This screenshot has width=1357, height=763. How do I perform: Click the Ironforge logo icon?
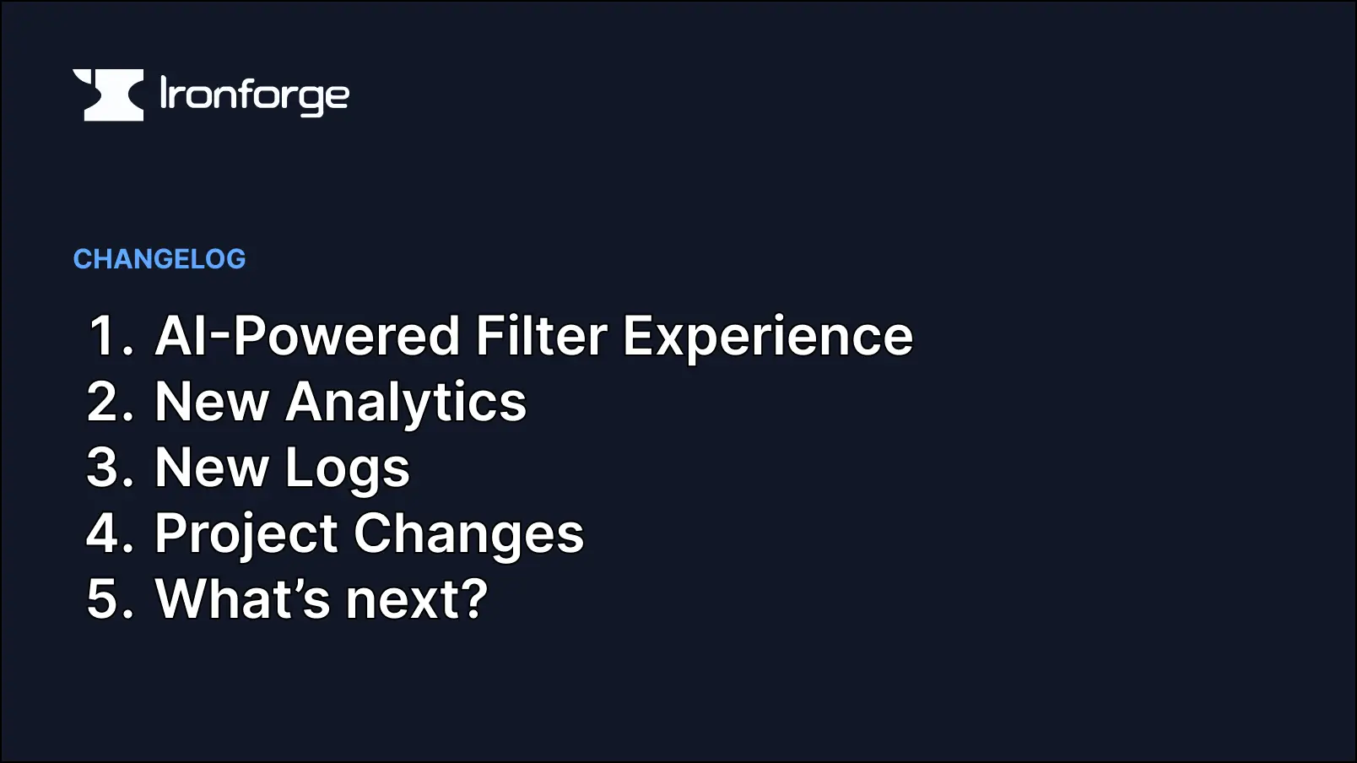pyautogui.click(x=108, y=95)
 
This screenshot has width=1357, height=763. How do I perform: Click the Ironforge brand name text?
pyautogui.click(x=254, y=96)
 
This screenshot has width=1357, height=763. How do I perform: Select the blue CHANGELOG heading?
pyautogui.click(x=159, y=259)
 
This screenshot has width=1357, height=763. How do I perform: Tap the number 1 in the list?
pyautogui.click(x=106, y=336)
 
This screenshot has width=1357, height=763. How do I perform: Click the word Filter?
pyautogui.click(x=541, y=336)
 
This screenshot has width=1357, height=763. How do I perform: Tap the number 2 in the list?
pyautogui.click(x=106, y=402)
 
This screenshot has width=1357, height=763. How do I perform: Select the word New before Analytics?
pyautogui.click(x=212, y=402)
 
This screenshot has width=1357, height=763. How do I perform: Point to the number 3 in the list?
pyautogui.click(x=106, y=468)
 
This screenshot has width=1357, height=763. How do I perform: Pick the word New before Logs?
pyautogui.click(x=212, y=468)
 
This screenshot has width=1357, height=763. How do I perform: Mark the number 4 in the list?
pyautogui.click(x=106, y=533)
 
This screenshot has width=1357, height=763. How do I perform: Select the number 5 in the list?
pyautogui.click(x=106, y=599)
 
